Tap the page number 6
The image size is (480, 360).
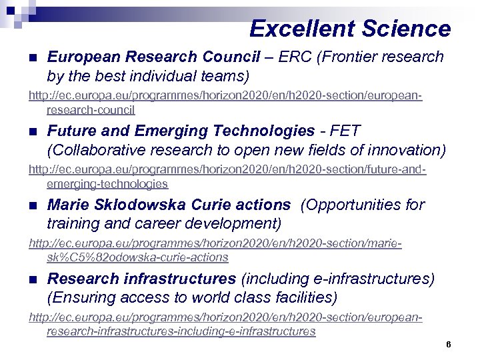(x=449, y=345)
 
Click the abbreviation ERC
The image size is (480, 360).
(x=297, y=57)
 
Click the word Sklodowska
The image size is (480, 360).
(x=134, y=205)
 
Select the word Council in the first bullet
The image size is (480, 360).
(x=233, y=57)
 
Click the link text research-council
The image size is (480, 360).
(x=91, y=110)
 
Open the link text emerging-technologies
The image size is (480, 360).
(x=107, y=183)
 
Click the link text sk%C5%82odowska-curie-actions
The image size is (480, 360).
(x=137, y=257)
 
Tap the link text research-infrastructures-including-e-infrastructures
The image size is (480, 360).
(x=181, y=331)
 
